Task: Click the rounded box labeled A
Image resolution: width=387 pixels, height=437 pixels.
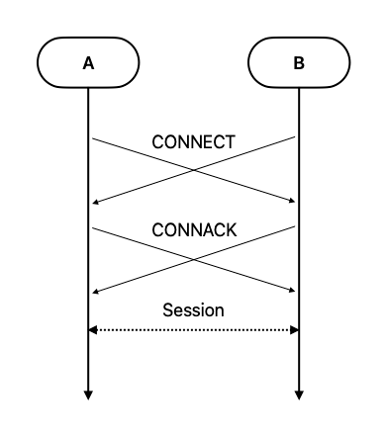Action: [88, 63]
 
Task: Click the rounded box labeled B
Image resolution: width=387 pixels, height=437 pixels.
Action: [299, 63]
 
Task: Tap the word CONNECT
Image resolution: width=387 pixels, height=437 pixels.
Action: [193, 141]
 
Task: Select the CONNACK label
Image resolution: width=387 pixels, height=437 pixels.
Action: [194, 229]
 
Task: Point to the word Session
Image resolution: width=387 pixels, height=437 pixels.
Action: [193, 310]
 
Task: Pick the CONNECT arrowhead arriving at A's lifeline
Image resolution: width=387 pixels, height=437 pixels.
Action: [94, 202]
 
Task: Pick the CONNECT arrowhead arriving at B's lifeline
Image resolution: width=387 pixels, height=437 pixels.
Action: [293, 202]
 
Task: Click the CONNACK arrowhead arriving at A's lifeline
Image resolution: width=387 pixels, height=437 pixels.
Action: [94, 291]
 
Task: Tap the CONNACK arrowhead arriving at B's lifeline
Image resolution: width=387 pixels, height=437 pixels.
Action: [293, 291]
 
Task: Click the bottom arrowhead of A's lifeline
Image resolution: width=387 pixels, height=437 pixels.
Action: [88, 395]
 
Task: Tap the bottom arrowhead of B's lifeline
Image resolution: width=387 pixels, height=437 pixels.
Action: [299, 395]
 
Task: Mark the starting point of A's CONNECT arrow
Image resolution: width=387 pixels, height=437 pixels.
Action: [92, 138]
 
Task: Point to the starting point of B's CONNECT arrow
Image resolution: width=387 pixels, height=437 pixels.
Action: [296, 138]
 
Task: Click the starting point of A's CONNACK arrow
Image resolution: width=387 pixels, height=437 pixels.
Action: [92, 227]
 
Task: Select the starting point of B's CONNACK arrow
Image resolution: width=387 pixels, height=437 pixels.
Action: [296, 227]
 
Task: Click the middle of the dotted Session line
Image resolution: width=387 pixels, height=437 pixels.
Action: [194, 329]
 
